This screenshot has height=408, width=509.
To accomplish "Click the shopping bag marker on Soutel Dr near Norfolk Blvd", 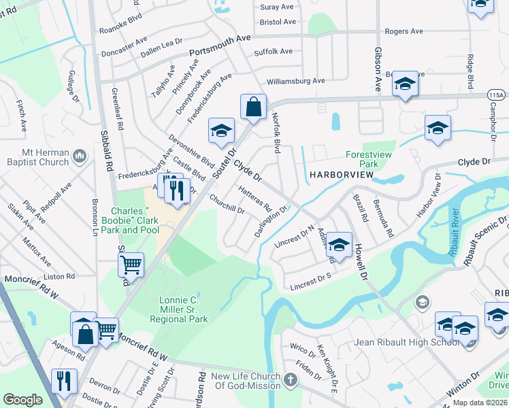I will pos(252,108).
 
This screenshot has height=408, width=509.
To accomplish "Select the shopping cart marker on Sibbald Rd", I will pos(131,265).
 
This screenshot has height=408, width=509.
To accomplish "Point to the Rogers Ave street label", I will pos(404,31).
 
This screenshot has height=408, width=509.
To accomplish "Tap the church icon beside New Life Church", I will pos(291,378).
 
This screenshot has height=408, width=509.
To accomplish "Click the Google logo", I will pos(22,400).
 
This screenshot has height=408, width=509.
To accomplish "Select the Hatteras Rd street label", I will pos(256,198).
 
